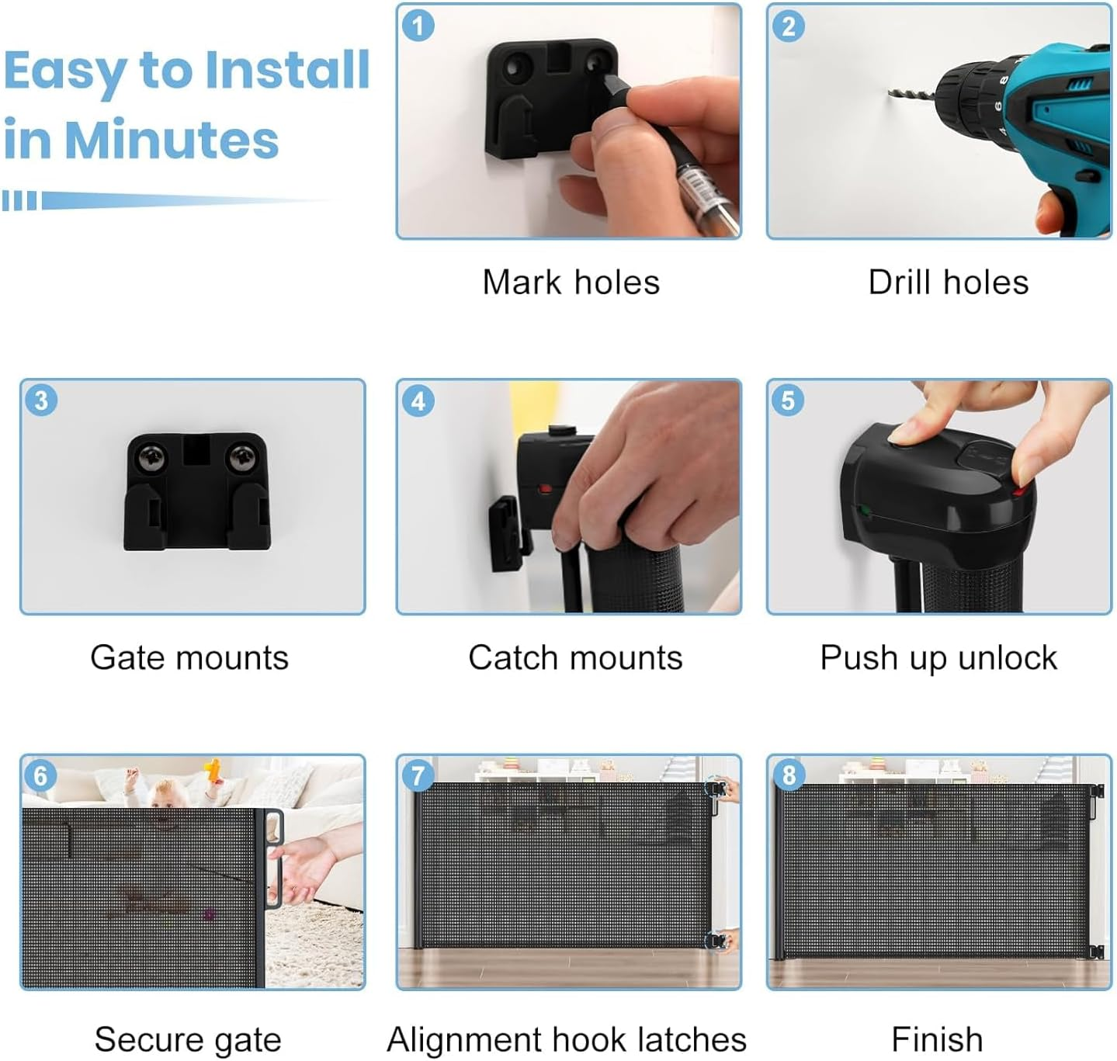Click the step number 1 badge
click(x=418, y=26)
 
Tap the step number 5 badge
click(x=787, y=400)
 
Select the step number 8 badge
click(x=789, y=775)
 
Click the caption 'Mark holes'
click(x=571, y=282)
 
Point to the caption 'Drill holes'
click(x=948, y=282)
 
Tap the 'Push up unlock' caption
click(x=938, y=658)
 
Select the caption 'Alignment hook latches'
click(x=566, y=1039)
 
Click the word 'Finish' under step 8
click(x=937, y=1038)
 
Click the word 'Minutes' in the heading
click(x=171, y=140)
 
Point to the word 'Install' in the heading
click(x=287, y=70)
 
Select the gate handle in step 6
click(x=274, y=858)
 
